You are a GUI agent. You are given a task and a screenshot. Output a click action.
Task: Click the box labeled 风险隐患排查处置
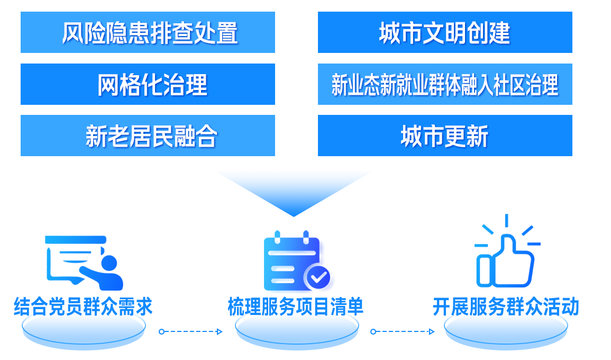pyautogui.click(x=147, y=33)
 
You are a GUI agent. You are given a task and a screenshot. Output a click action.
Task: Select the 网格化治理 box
pyautogui.click(x=147, y=84)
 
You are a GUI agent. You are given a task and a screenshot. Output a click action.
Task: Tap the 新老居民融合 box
pyautogui.click(x=147, y=136)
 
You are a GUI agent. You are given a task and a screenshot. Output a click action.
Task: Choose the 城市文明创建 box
pyautogui.click(x=444, y=33)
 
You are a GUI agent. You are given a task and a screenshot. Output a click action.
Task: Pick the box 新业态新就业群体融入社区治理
pyautogui.click(x=444, y=84)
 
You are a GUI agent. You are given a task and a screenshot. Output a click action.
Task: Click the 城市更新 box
pyautogui.click(x=444, y=136)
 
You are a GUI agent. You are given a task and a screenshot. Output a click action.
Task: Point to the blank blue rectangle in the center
pyautogui.click(x=294, y=194)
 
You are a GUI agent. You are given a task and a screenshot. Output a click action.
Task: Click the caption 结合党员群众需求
pyautogui.click(x=83, y=307)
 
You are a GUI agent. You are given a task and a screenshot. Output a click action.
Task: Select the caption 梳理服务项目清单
pyautogui.click(x=296, y=307)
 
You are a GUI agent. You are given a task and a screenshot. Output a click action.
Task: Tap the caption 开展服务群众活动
pyautogui.click(x=505, y=307)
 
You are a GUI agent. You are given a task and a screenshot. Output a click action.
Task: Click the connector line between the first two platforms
pyautogui.click(x=190, y=332)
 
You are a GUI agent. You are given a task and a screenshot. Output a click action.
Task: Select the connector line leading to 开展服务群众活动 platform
pyautogui.click(x=402, y=332)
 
